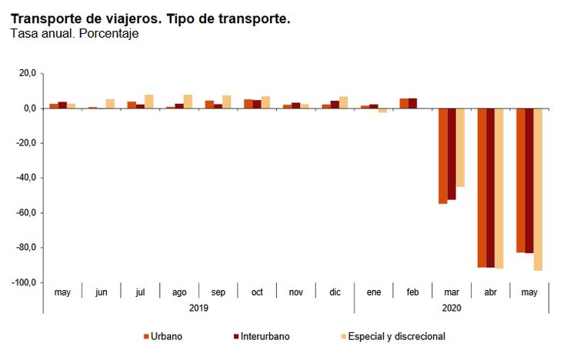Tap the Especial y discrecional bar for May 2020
538,189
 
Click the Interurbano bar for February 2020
413,103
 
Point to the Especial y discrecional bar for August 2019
188,101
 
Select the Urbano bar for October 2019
248,104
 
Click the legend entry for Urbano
162,336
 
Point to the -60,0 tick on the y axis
26,213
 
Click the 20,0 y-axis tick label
28,73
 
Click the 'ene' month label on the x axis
374,292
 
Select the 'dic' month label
335,292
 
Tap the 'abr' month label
491,292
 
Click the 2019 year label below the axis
198,308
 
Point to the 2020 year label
452,308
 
